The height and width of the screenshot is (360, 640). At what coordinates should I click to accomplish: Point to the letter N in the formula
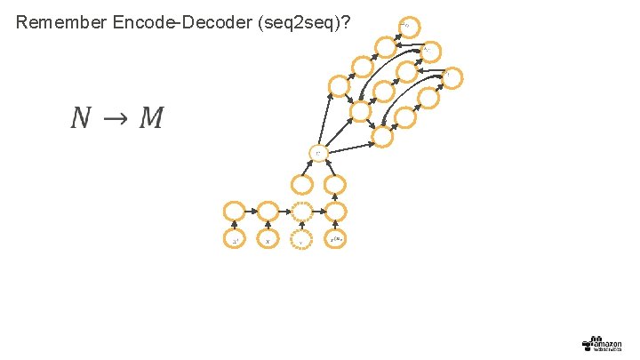click(x=82, y=117)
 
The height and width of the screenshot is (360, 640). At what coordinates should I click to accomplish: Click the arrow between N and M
click(x=116, y=118)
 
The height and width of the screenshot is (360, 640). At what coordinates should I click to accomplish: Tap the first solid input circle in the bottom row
click(x=234, y=240)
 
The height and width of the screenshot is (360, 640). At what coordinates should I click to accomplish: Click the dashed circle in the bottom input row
click(x=301, y=240)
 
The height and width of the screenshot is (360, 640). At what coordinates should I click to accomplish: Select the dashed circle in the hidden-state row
click(x=301, y=212)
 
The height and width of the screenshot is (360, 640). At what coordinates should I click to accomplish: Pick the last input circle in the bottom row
click(x=336, y=240)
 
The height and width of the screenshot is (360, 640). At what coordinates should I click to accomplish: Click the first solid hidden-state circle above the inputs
click(x=234, y=212)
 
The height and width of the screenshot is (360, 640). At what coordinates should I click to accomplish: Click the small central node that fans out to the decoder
click(x=318, y=153)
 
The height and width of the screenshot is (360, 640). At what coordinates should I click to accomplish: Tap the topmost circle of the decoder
click(x=408, y=28)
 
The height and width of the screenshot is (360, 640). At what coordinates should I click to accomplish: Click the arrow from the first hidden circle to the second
click(x=251, y=212)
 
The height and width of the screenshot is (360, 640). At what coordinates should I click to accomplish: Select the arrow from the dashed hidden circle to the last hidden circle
click(x=318, y=212)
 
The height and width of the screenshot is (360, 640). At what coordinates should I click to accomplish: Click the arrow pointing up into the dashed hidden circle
click(x=301, y=226)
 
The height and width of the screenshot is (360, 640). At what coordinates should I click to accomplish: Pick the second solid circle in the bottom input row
click(x=268, y=240)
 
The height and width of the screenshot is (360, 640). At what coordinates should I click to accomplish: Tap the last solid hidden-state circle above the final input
click(x=336, y=212)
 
